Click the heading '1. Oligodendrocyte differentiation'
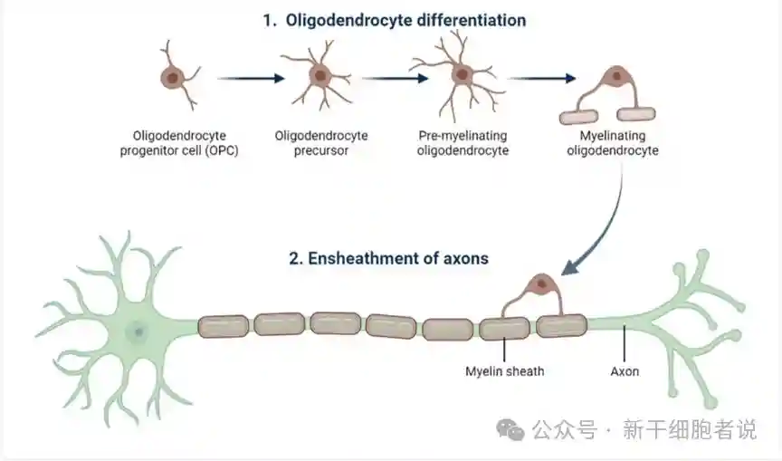click(x=394, y=20)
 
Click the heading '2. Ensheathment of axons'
click(x=388, y=258)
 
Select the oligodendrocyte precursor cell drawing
click(x=319, y=76)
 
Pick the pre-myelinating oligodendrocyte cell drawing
click(x=461, y=74)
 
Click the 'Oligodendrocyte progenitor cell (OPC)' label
click(x=179, y=143)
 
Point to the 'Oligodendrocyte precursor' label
click(x=321, y=143)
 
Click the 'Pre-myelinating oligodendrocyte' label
click(x=463, y=143)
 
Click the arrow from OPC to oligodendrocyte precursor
click(x=248, y=78)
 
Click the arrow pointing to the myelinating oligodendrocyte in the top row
click(x=541, y=78)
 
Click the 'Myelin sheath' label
click(x=505, y=371)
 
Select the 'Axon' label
click(x=625, y=371)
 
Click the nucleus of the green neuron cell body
click(x=138, y=331)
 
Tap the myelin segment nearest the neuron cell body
click(x=223, y=326)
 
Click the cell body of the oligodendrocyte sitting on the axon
click(x=542, y=284)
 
